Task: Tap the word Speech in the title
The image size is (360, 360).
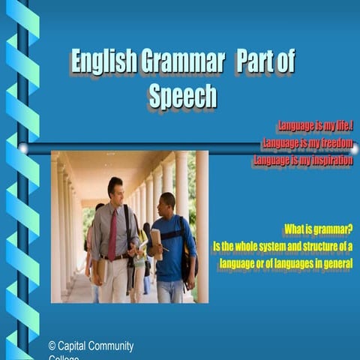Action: point(182,97)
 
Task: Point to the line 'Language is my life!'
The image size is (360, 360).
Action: point(315,126)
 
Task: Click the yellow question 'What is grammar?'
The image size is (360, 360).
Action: point(318,229)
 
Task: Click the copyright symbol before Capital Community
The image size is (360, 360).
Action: point(52,346)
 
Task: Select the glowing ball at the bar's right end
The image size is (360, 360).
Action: point(354,149)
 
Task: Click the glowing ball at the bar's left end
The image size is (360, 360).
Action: point(23,148)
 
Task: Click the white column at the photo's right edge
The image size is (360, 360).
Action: point(202,225)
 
